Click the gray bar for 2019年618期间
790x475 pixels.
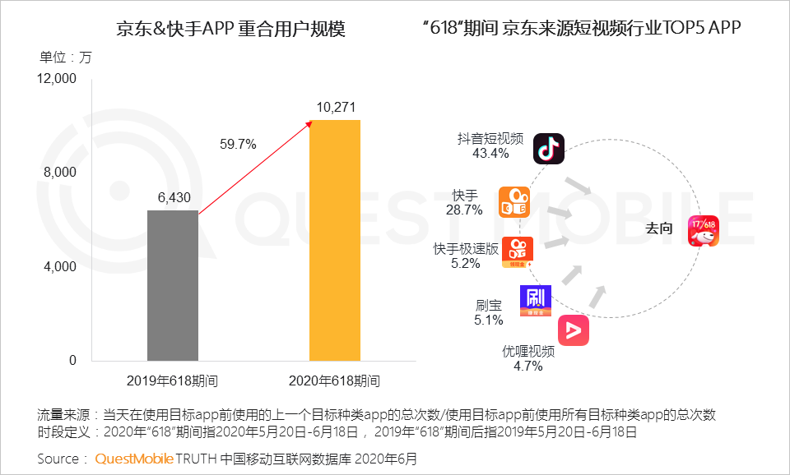173,285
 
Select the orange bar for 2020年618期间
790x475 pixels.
334,240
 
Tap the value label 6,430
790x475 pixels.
173,198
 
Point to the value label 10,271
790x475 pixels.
335,108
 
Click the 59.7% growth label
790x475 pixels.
238,144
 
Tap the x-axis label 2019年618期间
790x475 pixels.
173,381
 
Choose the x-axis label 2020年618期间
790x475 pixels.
335,381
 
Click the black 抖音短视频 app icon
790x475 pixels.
549,149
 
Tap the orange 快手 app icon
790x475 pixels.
514,202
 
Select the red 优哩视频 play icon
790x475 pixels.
574,330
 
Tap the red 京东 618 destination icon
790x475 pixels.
704,230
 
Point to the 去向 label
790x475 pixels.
658,229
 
